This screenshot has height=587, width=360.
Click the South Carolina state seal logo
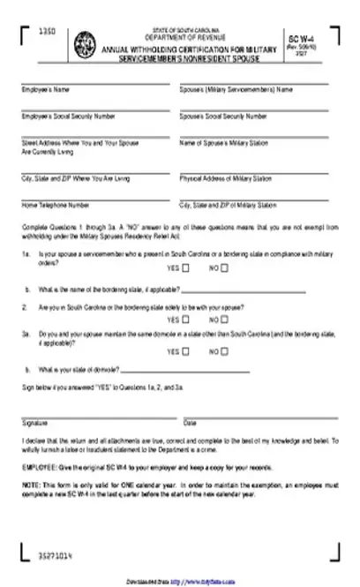[86, 41]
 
